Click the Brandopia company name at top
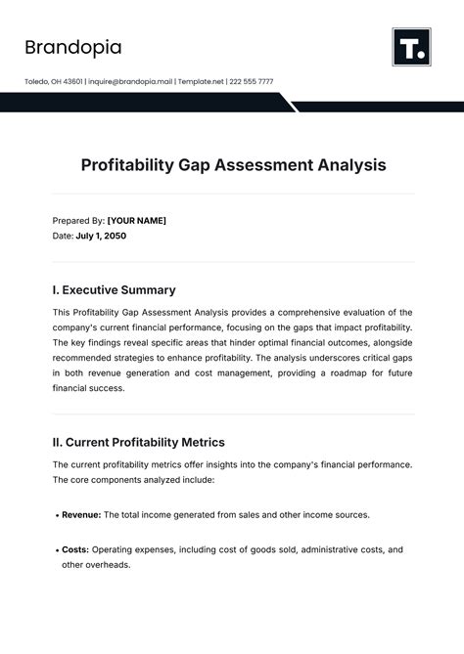(x=72, y=47)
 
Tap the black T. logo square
(x=412, y=47)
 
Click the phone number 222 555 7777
(x=252, y=81)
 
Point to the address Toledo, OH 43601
(x=54, y=81)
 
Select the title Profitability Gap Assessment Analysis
(x=233, y=165)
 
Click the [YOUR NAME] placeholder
(x=136, y=221)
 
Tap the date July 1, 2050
(x=101, y=236)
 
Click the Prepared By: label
(x=77, y=221)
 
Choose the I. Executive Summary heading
(x=114, y=289)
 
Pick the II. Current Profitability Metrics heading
(x=138, y=443)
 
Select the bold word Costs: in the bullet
(x=74, y=550)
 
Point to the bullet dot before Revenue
(x=56, y=515)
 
